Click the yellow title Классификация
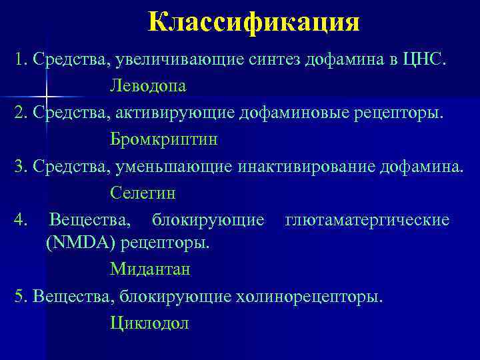253,22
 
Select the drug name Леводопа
148,87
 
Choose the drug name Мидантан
150,269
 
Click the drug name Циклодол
150,324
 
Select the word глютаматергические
367,219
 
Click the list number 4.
20,219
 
